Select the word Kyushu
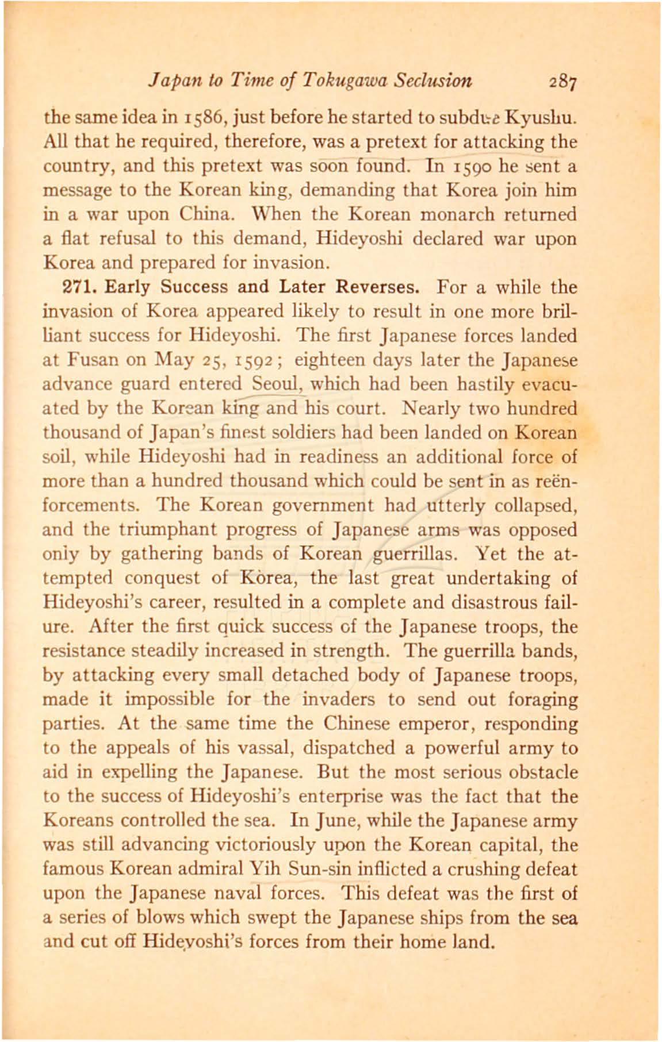coord(544,118)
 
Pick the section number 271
coord(78,287)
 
